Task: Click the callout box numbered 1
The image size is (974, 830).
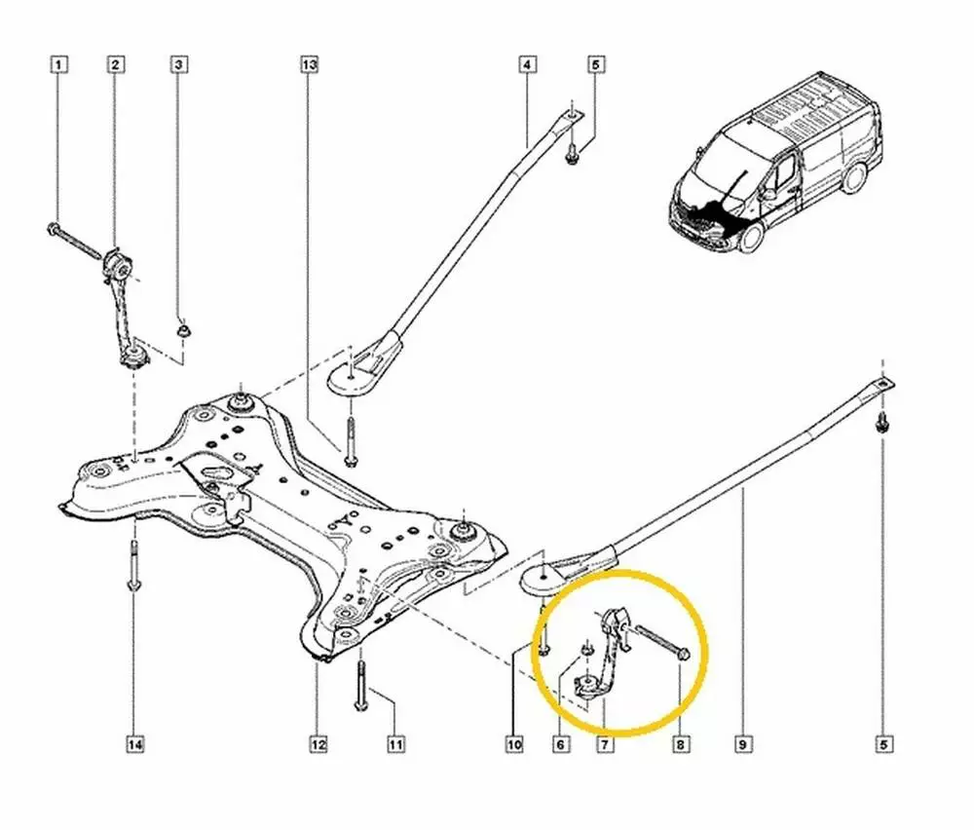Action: (59, 65)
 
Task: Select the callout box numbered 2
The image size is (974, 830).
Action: (115, 65)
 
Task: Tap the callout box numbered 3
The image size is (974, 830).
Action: (179, 65)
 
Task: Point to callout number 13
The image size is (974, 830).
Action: (309, 65)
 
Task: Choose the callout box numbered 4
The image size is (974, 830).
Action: (526, 65)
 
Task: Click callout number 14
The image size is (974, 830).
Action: (134, 745)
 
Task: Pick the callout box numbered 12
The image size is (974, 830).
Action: (318, 745)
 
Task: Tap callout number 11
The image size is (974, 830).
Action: (395, 745)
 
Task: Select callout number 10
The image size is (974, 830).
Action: (513, 745)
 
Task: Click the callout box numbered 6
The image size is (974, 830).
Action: (561, 745)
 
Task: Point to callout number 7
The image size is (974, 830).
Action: (604, 745)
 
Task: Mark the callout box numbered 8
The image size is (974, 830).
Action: (680, 745)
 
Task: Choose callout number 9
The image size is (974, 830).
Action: (742, 745)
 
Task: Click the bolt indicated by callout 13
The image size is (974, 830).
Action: (348, 437)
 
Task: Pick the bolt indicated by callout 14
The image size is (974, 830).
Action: (133, 565)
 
